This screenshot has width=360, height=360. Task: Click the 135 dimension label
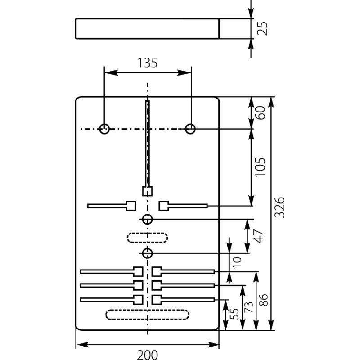[x=148, y=63]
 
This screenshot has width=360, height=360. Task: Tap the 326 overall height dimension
[x=280, y=207]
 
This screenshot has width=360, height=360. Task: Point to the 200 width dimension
[x=147, y=355]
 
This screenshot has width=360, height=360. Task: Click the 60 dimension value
[x=260, y=112]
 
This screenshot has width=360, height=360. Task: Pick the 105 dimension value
[x=260, y=166]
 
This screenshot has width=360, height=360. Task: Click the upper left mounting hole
[x=104, y=129]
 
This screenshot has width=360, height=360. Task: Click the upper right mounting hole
[x=190, y=129]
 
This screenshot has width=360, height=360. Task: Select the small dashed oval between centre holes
[x=147, y=237]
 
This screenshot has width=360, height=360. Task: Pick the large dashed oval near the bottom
[x=147, y=315]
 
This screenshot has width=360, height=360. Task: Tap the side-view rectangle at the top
[x=147, y=28]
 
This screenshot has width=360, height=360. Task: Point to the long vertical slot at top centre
[x=147, y=144]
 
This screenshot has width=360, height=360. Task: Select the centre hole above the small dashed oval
[x=147, y=220]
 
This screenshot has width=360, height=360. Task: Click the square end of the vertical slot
[x=147, y=191]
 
